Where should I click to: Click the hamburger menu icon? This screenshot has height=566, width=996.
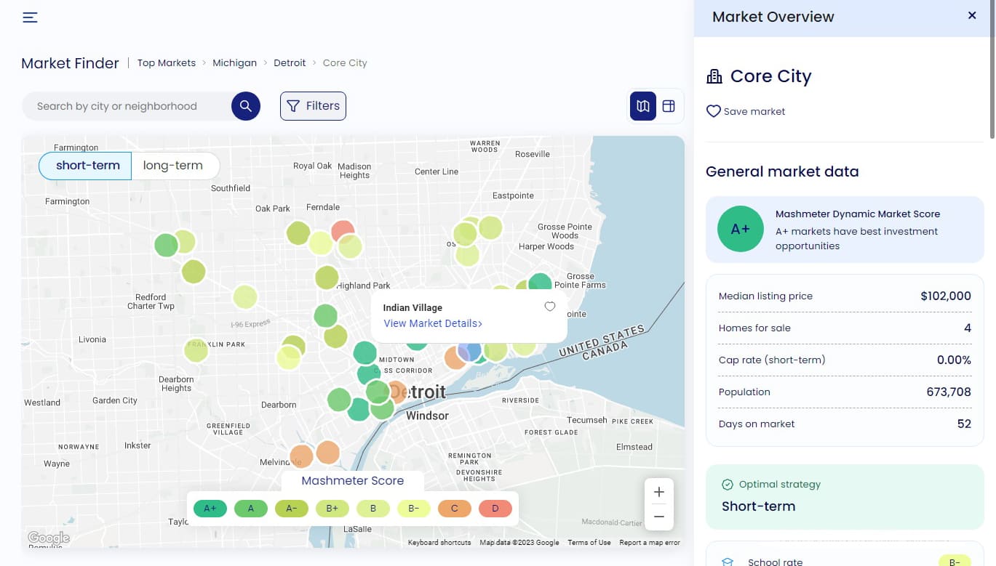click(30, 17)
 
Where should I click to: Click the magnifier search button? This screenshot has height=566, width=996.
click(246, 106)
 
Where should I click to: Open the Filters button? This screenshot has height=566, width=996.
click(313, 106)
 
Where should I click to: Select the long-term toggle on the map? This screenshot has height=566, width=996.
click(173, 166)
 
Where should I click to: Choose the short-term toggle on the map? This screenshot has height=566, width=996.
click(87, 166)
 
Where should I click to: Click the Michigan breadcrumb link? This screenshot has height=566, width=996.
click(234, 63)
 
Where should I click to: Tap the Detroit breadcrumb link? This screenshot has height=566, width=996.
click(290, 63)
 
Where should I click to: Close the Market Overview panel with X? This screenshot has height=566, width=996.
click(972, 15)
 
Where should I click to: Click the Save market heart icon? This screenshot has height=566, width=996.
click(714, 111)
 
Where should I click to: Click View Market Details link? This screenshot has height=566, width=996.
click(432, 323)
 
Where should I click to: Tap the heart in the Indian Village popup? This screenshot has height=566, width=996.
click(550, 307)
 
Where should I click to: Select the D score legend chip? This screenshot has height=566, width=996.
click(495, 509)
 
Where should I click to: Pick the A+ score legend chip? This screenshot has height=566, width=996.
click(210, 509)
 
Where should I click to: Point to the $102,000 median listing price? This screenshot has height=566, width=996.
click(945, 296)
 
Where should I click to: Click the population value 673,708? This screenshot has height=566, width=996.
click(948, 392)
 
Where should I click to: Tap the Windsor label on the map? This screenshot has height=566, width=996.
click(427, 416)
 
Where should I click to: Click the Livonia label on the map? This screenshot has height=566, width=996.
click(92, 339)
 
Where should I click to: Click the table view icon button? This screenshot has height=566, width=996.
click(669, 106)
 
